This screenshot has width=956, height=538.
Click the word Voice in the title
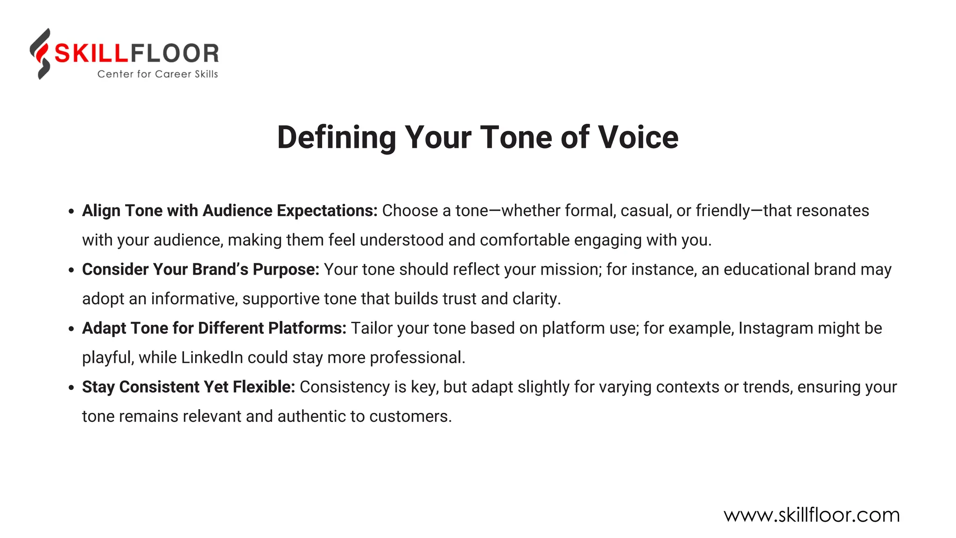point(638,138)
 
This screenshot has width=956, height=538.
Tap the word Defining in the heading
point(337,138)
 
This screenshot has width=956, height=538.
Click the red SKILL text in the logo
point(91,53)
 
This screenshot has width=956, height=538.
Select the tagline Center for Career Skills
point(157,74)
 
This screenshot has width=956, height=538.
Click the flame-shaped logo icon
point(41,54)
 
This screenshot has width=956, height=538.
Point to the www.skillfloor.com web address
point(811,515)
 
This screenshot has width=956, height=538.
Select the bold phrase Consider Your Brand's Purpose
point(200,269)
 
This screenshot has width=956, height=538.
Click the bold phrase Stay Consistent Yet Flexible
point(188,387)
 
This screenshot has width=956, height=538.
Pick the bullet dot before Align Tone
point(71,212)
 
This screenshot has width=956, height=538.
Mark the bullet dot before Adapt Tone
point(71,329)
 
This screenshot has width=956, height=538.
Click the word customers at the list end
point(410,417)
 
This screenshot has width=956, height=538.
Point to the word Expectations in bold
point(327,211)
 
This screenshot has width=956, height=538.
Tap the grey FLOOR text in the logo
point(174,53)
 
